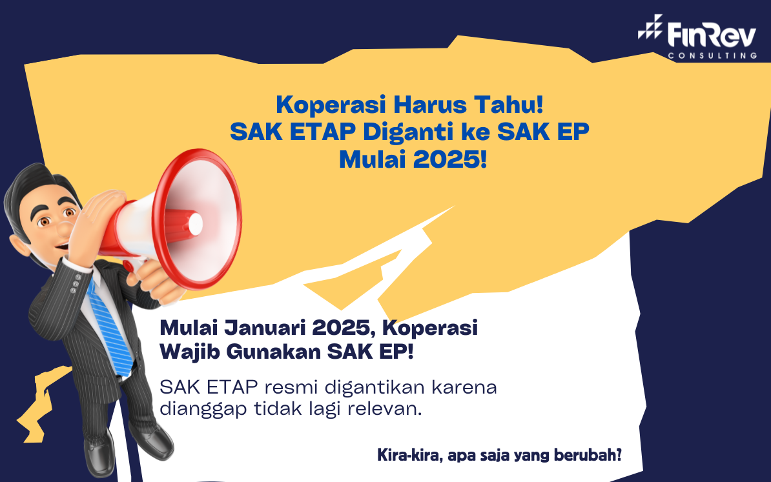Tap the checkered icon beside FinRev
click(650, 27)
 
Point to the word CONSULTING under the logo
click(712, 56)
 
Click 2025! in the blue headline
click(450, 159)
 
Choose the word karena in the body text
click(464, 388)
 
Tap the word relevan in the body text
click(385, 409)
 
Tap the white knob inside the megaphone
click(195, 224)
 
